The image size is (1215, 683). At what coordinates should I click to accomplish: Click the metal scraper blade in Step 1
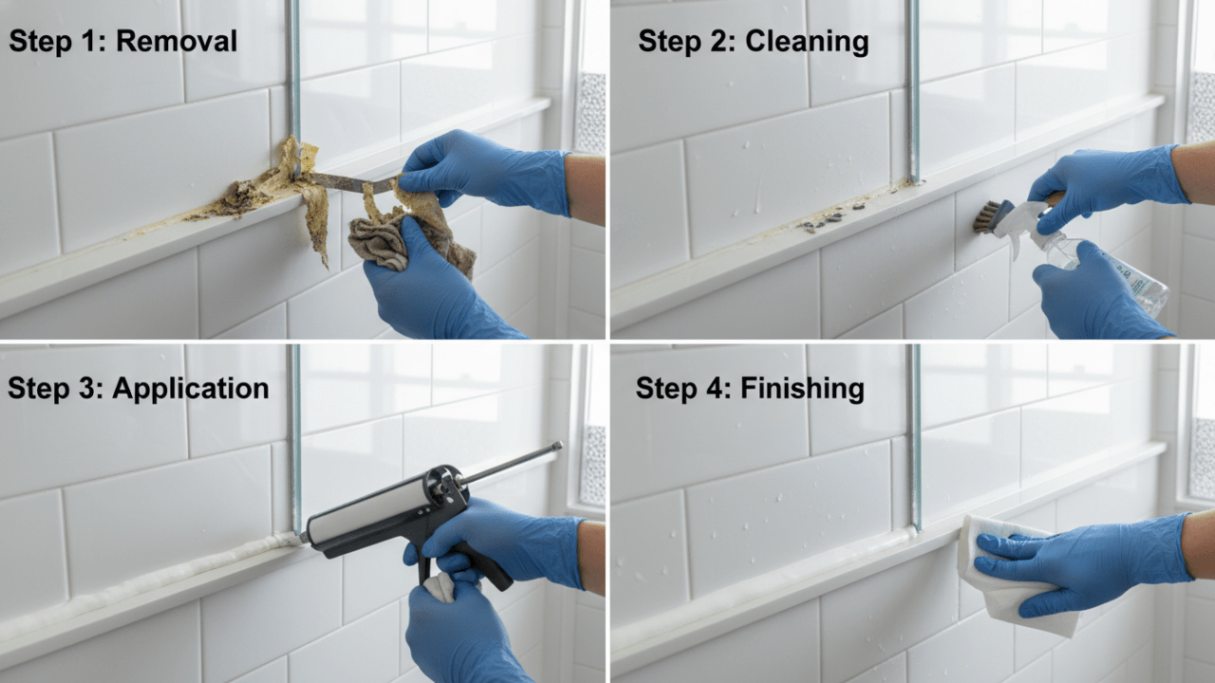point(346,181)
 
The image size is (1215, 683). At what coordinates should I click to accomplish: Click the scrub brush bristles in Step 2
point(984,217)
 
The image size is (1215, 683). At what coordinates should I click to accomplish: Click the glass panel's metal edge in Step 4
point(914,436)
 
